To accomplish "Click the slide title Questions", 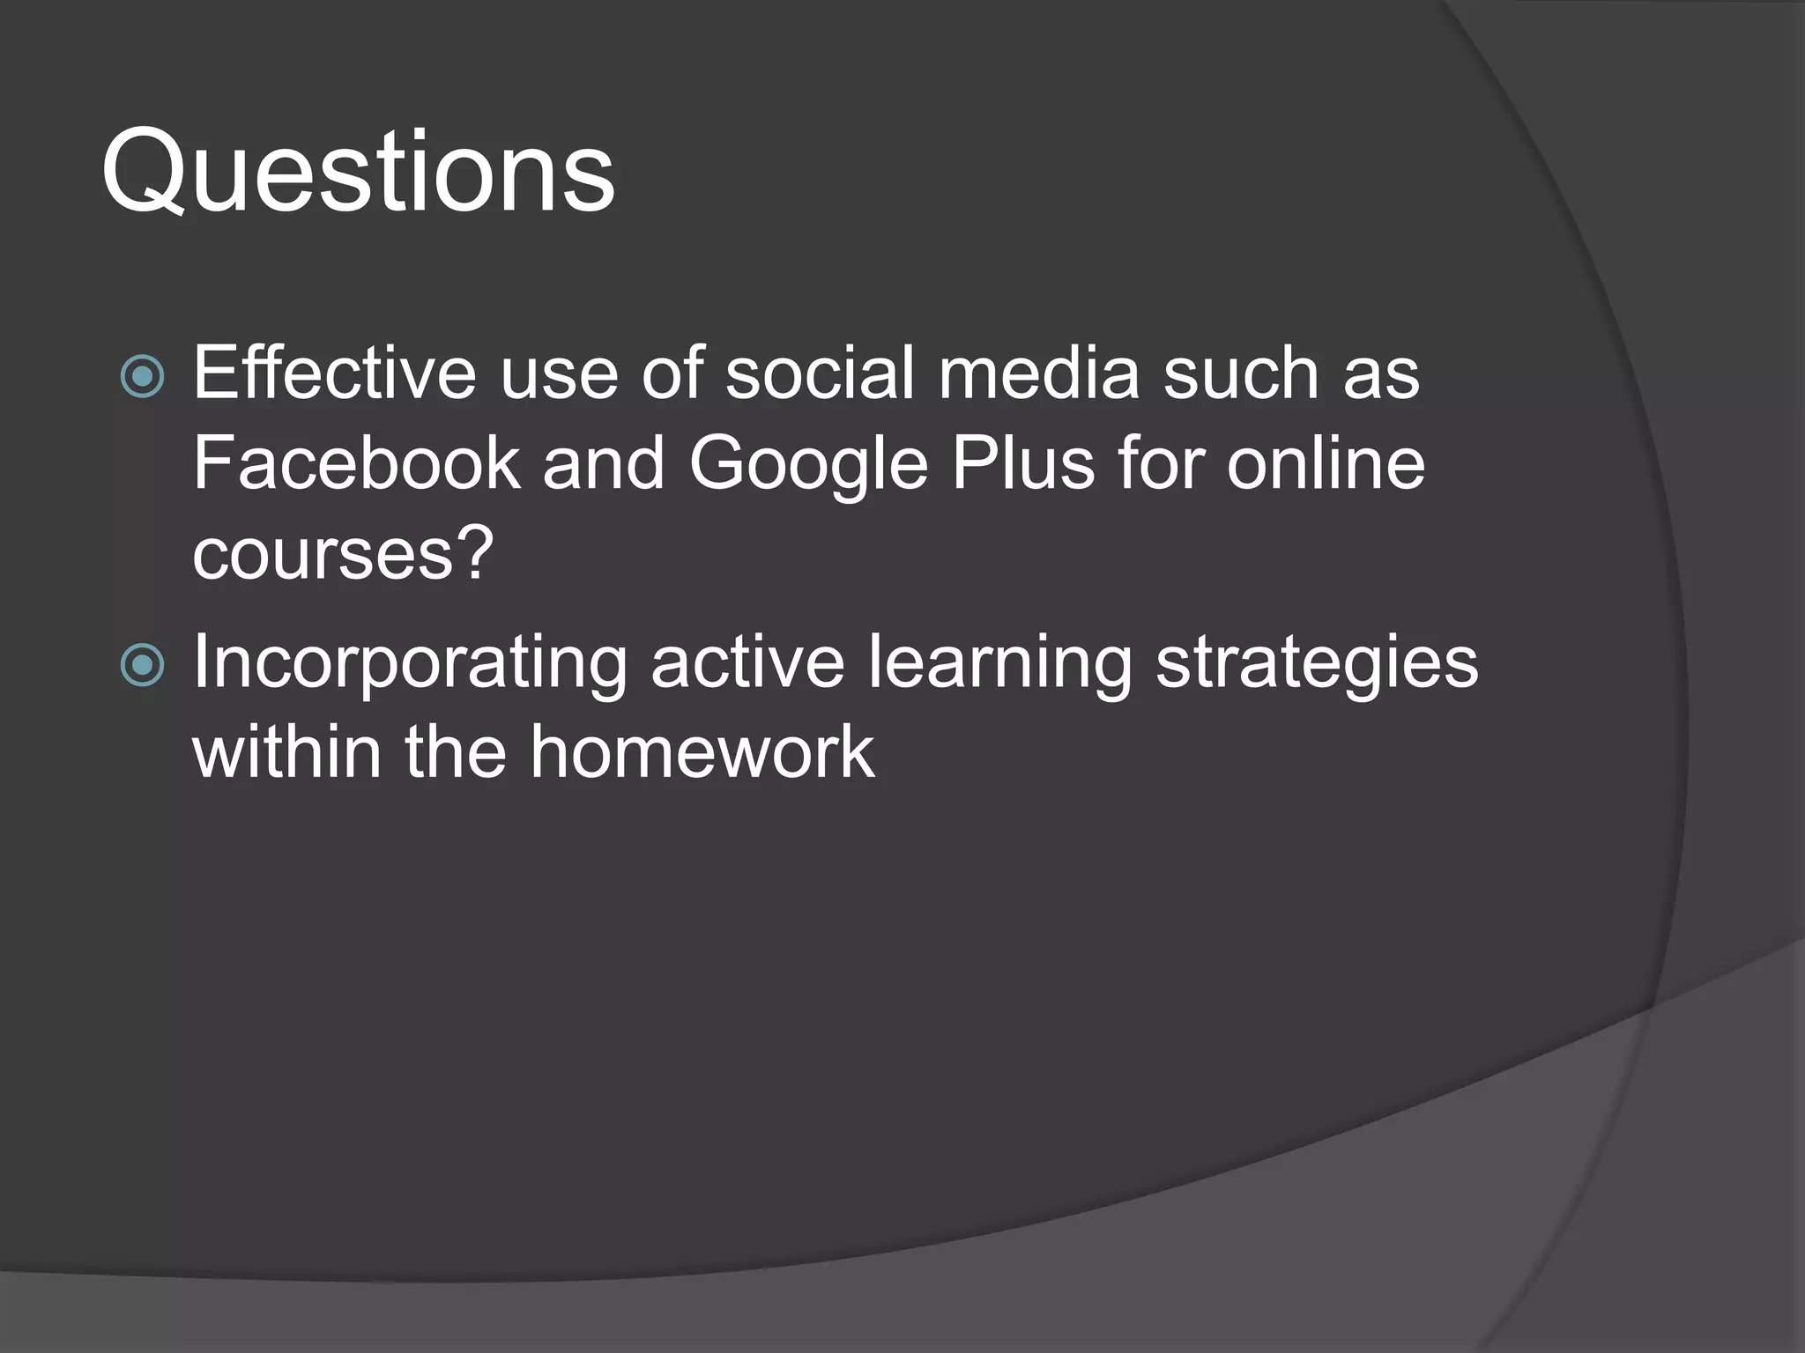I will coord(358,172).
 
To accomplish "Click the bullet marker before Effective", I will coord(142,376).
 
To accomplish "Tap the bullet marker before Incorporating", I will coord(142,665).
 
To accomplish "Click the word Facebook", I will coord(356,464).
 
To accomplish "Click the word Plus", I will coord(1022,464).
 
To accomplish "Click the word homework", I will coord(702,753).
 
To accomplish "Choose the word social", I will coord(820,373).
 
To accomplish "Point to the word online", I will coord(1326,464).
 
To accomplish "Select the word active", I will coord(747,662).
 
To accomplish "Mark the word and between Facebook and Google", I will coord(604,464).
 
